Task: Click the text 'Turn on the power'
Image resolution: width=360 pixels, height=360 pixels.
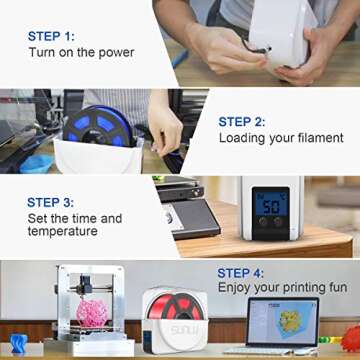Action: tap(81, 51)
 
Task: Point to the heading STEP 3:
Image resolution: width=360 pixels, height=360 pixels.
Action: tap(57, 201)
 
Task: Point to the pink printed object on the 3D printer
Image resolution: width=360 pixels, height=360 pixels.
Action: tap(92, 316)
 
